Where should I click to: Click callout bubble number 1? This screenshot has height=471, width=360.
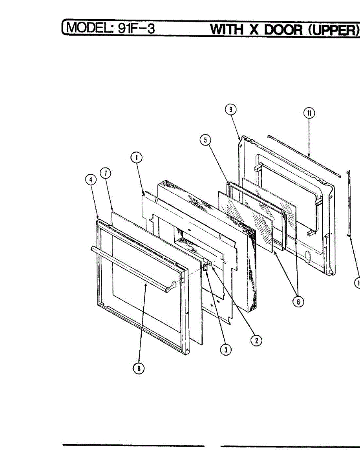point(136,158)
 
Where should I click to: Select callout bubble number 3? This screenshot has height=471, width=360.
point(225,350)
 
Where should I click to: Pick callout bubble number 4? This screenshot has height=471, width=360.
point(91,179)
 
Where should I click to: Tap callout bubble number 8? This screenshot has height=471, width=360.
point(138,369)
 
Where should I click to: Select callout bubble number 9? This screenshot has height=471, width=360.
point(231,110)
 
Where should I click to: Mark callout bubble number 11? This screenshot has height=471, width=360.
point(309,113)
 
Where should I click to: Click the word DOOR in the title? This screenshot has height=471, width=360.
point(283,29)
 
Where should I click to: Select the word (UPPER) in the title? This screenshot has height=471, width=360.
point(334,29)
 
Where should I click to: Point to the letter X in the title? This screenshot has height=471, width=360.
point(254,29)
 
